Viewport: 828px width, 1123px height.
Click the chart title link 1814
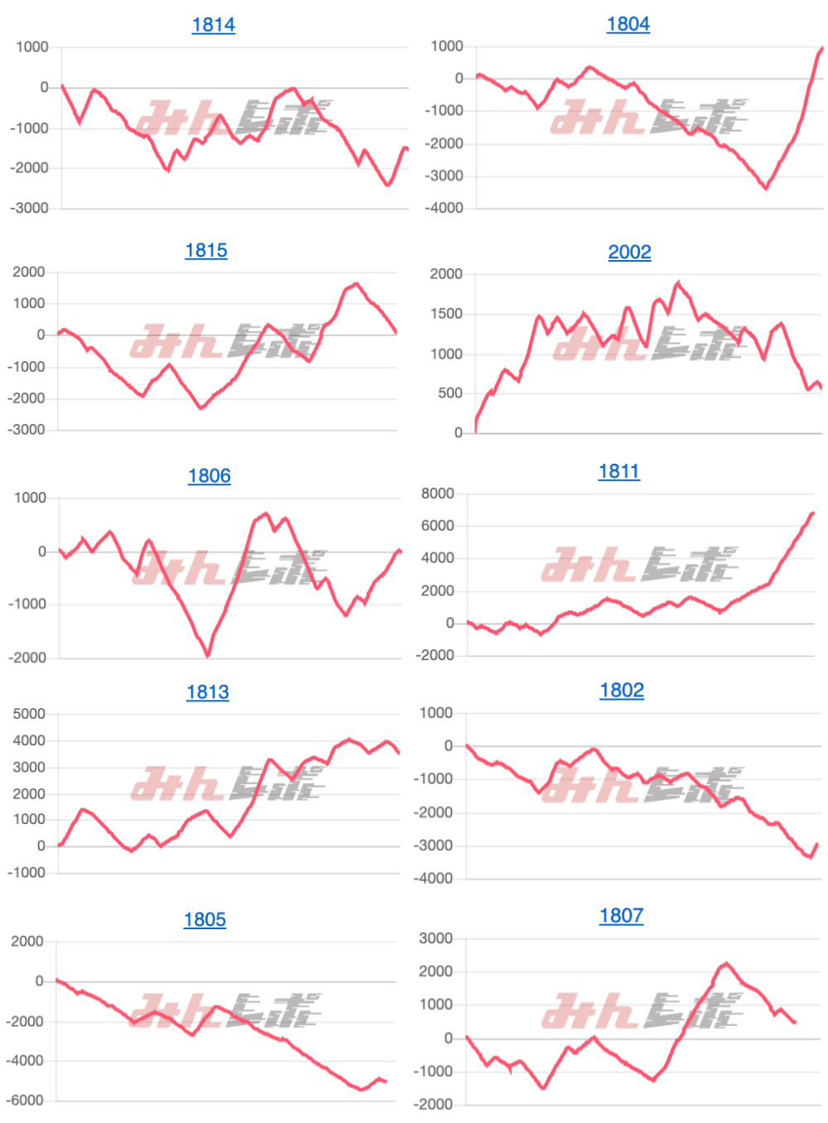213,25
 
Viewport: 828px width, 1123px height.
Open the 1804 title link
628,24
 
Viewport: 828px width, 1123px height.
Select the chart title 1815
205,250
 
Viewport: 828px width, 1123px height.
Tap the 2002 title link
629,252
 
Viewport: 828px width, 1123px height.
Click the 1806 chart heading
209,475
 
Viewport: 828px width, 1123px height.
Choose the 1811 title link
619,471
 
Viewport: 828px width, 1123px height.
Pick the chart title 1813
207,692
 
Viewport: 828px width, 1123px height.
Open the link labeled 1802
621,690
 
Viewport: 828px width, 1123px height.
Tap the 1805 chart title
205,919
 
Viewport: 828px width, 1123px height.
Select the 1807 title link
621,915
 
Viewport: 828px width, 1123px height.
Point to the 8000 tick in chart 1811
437,494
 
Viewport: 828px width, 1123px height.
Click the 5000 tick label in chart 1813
29,714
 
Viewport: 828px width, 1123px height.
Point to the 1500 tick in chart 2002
446,314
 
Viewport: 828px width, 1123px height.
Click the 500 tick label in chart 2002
450,393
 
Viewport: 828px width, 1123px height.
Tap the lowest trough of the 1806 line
207,655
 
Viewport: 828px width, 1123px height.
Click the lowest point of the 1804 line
766,188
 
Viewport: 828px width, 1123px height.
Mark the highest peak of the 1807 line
727,963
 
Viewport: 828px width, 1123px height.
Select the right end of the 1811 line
813,513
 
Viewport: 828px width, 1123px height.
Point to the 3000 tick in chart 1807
436,938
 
